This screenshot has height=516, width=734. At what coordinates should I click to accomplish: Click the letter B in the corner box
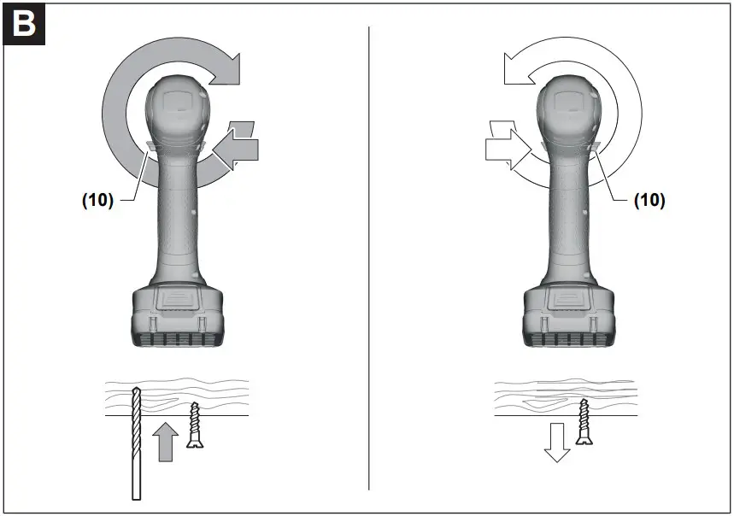tap(23, 24)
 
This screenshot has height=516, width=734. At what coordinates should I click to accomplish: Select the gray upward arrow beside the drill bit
tap(167, 443)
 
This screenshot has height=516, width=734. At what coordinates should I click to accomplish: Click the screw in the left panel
tap(196, 425)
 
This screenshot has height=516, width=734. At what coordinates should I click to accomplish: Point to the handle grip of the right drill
tap(567, 222)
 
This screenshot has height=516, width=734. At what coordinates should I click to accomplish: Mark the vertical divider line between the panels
tap(369, 256)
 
